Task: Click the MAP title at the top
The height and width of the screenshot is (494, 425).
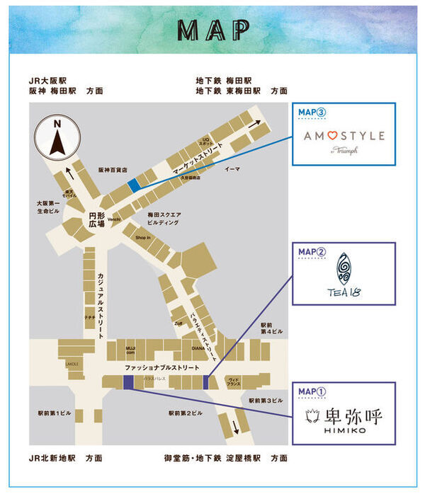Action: click(212, 29)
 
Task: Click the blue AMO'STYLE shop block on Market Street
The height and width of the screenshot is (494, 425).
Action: click(133, 185)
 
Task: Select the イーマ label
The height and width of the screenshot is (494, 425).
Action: click(232, 170)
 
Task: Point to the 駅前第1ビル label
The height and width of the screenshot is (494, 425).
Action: click(55, 413)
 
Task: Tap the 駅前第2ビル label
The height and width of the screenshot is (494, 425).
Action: click(186, 413)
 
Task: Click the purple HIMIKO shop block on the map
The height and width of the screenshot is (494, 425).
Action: click(128, 382)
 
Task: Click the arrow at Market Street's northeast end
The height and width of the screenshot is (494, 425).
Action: click(259, 124)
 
